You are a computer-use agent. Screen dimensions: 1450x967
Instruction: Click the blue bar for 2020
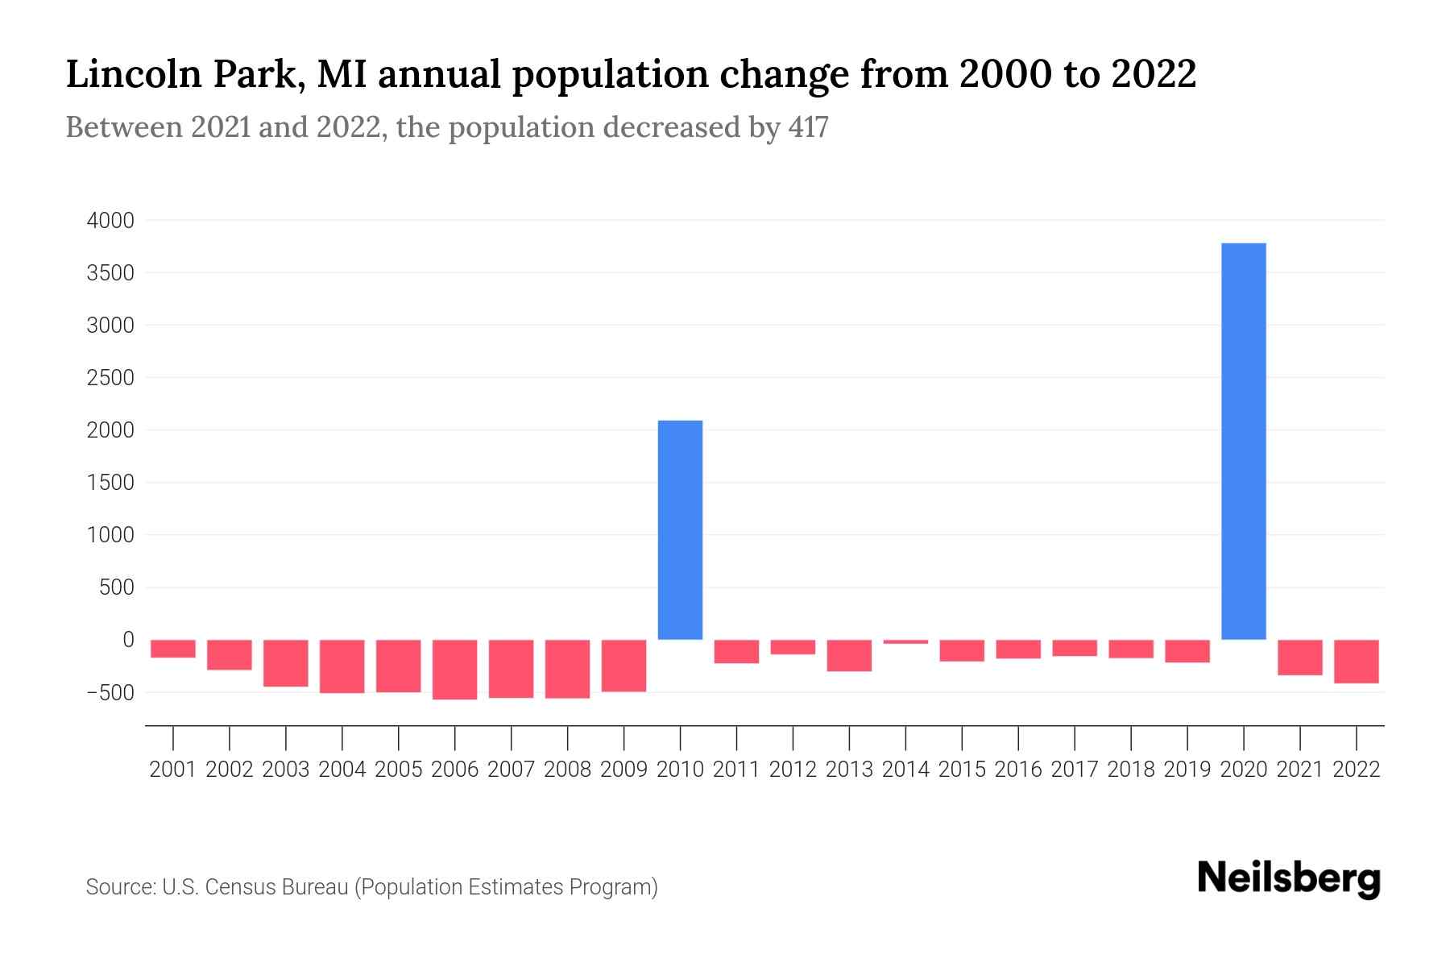pyautogui.click(x=1243, y=441)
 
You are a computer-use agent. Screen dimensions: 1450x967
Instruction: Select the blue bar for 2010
pyautogui.click(x=680, y=529)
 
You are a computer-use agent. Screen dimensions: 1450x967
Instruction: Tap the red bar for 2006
pyautogui.click(x=454, y=669)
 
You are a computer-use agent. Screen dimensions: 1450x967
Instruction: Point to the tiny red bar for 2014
pyautogui.click(x=905, y=641)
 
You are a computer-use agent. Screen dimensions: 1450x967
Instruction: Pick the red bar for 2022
pyautogui.click(x=1356, y=661)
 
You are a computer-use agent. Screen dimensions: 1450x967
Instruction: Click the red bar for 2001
pyautogui.click(x=173, y=649)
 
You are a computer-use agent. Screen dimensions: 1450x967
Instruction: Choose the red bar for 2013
pyautogui.click(x=849, y=655)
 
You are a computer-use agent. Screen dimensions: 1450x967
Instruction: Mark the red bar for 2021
pyautogui.click(x=1299, y=657)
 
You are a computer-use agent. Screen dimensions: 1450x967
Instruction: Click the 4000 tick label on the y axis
pyautogui.click(x=110, y=221)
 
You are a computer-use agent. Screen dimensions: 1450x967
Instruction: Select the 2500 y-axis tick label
pyautogui.click(x=110, y=378)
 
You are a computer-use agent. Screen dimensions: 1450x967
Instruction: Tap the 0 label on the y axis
pyautogui.click(x=128, y=640)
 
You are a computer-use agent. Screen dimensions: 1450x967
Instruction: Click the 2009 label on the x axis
pyautogui.click(x=623, y=770)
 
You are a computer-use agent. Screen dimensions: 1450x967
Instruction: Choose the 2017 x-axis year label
pyautogui.click(x=1074, y=770)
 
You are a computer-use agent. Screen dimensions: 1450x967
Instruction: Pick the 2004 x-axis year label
pyautogui.click(x=342, y=770)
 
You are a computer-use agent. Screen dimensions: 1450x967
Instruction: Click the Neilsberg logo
pyautogui.click(x=1289, y=878)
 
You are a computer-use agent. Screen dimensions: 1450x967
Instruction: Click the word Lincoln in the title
pyautogui.click(x=133, y=74)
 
